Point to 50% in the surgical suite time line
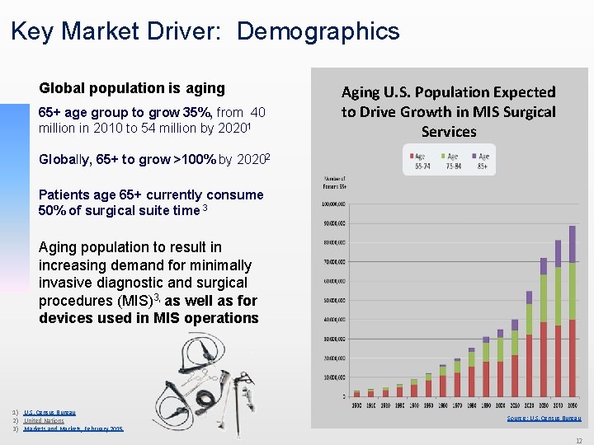(51, 211)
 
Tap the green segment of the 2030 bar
(543, 297)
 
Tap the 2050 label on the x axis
(572, 405)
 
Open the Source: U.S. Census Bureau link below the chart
(544, 419)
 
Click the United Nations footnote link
(44, 420)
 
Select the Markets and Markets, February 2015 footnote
(73, 429)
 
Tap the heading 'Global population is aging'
(132, 88)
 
